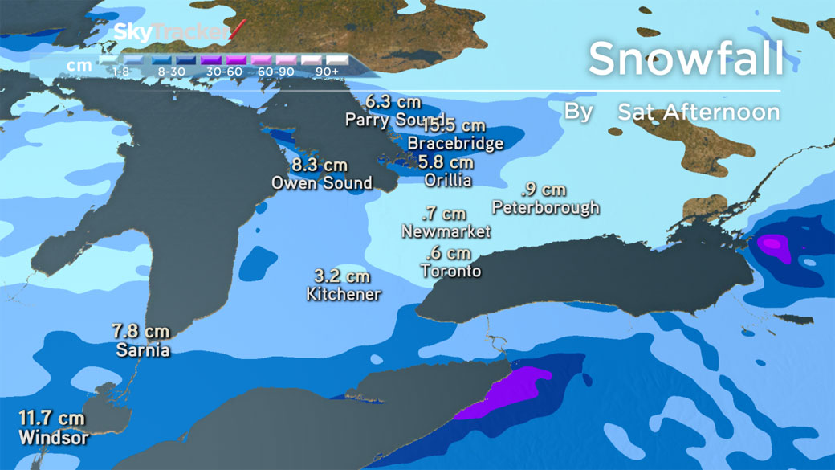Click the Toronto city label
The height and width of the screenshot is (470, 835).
click(x=450, y=272)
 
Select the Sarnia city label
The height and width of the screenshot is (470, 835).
click(x=143, y=350)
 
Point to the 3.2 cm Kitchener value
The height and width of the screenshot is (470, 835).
click(x=343, y=276)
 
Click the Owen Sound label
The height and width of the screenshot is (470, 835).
click(x=321, y=182)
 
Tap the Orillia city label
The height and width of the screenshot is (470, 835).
click(x=447, y=180)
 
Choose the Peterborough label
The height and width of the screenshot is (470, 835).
click(x=546, y=208)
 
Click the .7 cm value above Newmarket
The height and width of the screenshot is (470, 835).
click(x=445, y=214)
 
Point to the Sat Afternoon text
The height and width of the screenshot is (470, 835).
click(x=699, y=112)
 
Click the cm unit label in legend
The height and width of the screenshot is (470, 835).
click(x=78, y=64)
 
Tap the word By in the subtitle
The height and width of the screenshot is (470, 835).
click(x=578, y=111)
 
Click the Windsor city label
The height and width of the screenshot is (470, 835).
click(x=54, y=439)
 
